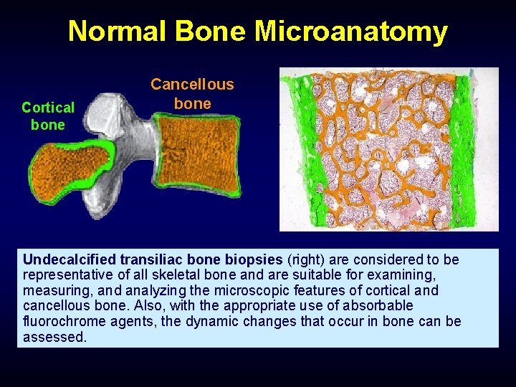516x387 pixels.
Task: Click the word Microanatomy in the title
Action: [x=351, y=32]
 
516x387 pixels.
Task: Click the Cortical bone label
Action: [x=47, y=115]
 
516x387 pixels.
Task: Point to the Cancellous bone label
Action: [x=192, y=94]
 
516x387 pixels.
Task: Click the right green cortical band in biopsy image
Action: [x=462, y=150]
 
